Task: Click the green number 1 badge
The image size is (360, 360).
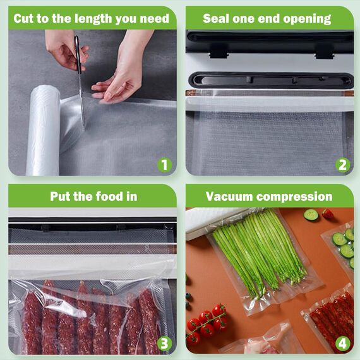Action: click(x=164, y=165)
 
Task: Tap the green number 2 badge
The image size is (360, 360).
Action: click(x=343, y=165)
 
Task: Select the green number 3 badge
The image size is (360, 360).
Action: click(x=164, y=343)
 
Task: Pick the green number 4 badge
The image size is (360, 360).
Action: click(x=343, y=343)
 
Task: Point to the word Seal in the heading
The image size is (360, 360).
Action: click(x=217, y=18)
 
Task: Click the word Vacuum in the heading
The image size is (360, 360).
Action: click(x=228, y=196)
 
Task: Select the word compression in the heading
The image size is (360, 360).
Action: click(x=294, y=196)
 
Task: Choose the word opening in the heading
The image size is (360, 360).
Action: click(x=306, y=18)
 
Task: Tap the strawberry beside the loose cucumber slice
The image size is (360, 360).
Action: click(x=327, y=214)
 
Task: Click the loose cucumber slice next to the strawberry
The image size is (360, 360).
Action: click(x=311, y=215)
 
